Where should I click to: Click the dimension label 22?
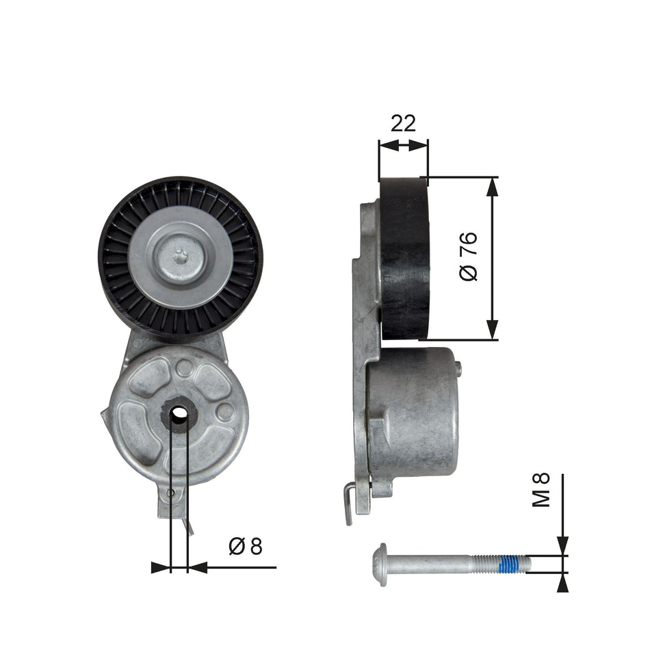click(403, 123)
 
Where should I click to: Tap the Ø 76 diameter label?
click(469, 257)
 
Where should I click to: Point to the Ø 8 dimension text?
click(246, 546)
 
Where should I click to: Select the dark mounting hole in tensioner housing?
click(179, 413)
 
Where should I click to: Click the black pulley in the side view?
click(404, 259)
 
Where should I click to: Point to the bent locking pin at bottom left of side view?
click(349, 503)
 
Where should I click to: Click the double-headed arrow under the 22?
click(403, 145)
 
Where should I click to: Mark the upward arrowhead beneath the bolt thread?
click(562, 583)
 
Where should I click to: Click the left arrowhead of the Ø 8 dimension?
click(160, 567)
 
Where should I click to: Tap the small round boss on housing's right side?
click(224, 412)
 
